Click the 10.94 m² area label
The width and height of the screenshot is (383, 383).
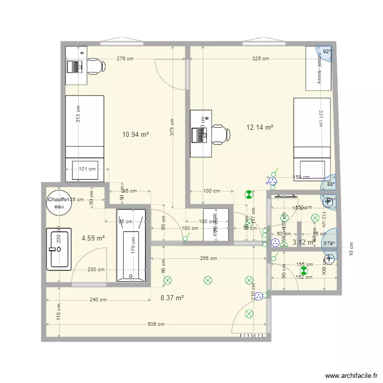point(135,135)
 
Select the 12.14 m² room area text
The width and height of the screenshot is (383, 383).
point(260,127)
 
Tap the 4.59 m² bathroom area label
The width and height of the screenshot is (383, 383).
point(93,238)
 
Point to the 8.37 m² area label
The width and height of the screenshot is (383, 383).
point(172,298)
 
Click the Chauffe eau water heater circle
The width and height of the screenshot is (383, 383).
point(57,203)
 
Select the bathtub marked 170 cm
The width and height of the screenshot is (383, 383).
point(131,245)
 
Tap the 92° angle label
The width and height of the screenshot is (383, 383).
point(326,52)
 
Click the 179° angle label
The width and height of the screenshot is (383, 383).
point(330,244)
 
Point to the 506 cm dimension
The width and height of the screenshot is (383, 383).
point(156,324)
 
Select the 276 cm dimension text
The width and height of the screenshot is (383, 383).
point(125,59)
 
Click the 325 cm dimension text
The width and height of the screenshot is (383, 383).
point(260,59)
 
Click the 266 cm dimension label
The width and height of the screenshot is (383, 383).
point(208,259)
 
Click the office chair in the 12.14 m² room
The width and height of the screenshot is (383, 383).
point(220,134)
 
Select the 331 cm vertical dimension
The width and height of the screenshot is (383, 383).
point(320,119)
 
